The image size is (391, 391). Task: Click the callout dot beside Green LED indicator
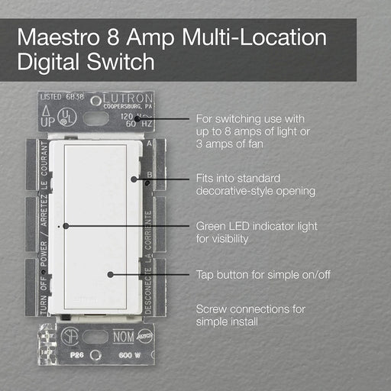click(66, 227)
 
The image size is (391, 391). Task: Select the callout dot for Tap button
click(111, 273)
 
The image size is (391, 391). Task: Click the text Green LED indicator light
click(257, 227)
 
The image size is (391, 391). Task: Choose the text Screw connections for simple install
click(250, 315)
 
